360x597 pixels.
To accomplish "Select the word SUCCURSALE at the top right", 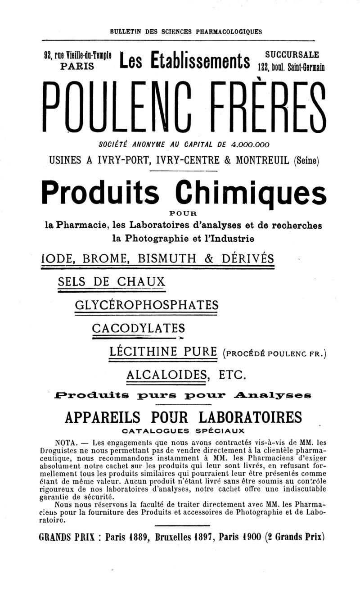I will tap(292, 54).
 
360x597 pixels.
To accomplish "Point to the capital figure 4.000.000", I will tap(250, 145).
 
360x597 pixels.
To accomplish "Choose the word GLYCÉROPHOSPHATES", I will tap(147, 305).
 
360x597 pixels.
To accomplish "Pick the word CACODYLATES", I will tap(138, 327).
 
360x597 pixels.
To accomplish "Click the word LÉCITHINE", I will tap(144, 351).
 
